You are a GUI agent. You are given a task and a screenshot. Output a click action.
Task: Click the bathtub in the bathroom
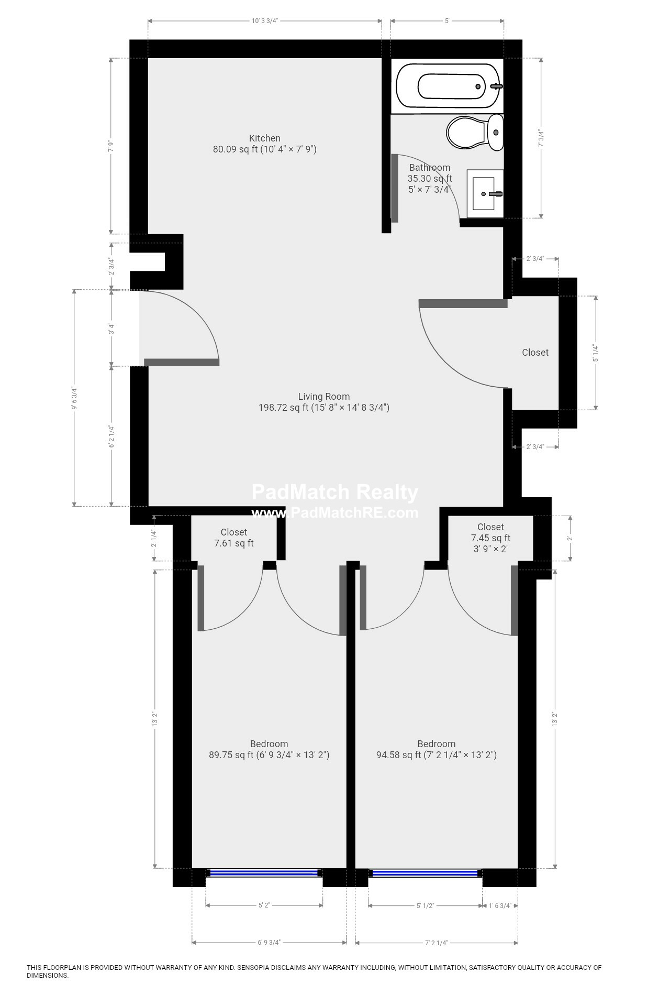pos(449,86)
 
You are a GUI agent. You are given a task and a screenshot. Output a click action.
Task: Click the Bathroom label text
pos(430,168)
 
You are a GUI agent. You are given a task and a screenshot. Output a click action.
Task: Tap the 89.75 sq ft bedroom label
pos(269,750)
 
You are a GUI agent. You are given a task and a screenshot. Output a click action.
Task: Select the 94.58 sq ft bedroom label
pos(437,750)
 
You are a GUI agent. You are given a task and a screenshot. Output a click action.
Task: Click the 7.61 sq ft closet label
pos(234,538)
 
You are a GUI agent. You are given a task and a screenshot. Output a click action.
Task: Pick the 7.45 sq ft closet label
pos(490,538)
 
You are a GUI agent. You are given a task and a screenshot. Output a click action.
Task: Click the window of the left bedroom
pos(264,873)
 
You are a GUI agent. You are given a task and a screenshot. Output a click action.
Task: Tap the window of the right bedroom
pos(425,873)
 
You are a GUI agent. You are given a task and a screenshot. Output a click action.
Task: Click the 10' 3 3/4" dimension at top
pos(264,21)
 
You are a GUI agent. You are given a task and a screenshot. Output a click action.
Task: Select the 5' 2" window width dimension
pos(264,905)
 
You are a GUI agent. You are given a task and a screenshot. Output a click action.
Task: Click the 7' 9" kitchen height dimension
pos(111,146)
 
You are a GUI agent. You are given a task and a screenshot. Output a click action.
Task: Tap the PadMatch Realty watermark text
pos(335,493)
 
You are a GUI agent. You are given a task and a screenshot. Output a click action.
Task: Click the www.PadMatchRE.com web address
pos(335,512)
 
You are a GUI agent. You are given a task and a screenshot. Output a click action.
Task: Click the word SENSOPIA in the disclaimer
pos(256,968)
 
